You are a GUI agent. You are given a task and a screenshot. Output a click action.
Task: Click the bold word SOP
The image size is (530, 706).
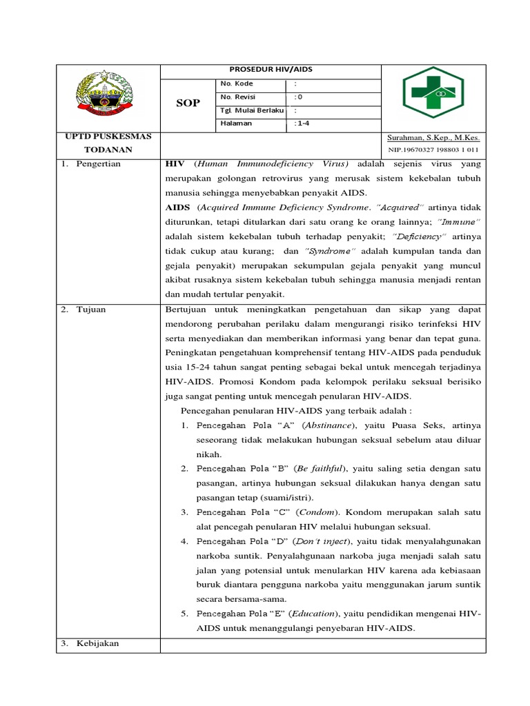(188, 103)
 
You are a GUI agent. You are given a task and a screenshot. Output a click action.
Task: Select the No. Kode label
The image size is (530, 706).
(237, 84)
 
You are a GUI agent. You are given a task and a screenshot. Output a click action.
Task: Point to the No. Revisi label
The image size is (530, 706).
(238, 97)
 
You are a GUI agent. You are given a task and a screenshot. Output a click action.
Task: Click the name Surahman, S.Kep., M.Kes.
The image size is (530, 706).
(433, 137)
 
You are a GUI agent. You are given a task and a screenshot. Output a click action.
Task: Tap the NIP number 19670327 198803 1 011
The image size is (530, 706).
(433, 149)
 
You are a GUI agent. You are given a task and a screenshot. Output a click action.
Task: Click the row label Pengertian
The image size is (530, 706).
(98, 164)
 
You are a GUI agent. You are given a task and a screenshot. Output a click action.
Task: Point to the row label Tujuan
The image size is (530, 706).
(91, 309)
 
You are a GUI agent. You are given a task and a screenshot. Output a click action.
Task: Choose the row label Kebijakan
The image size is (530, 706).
(97, 643)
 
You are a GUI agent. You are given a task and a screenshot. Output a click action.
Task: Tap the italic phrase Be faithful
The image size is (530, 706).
(325, 468)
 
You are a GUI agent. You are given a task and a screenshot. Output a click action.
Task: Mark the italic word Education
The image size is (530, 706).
(314, 613)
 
